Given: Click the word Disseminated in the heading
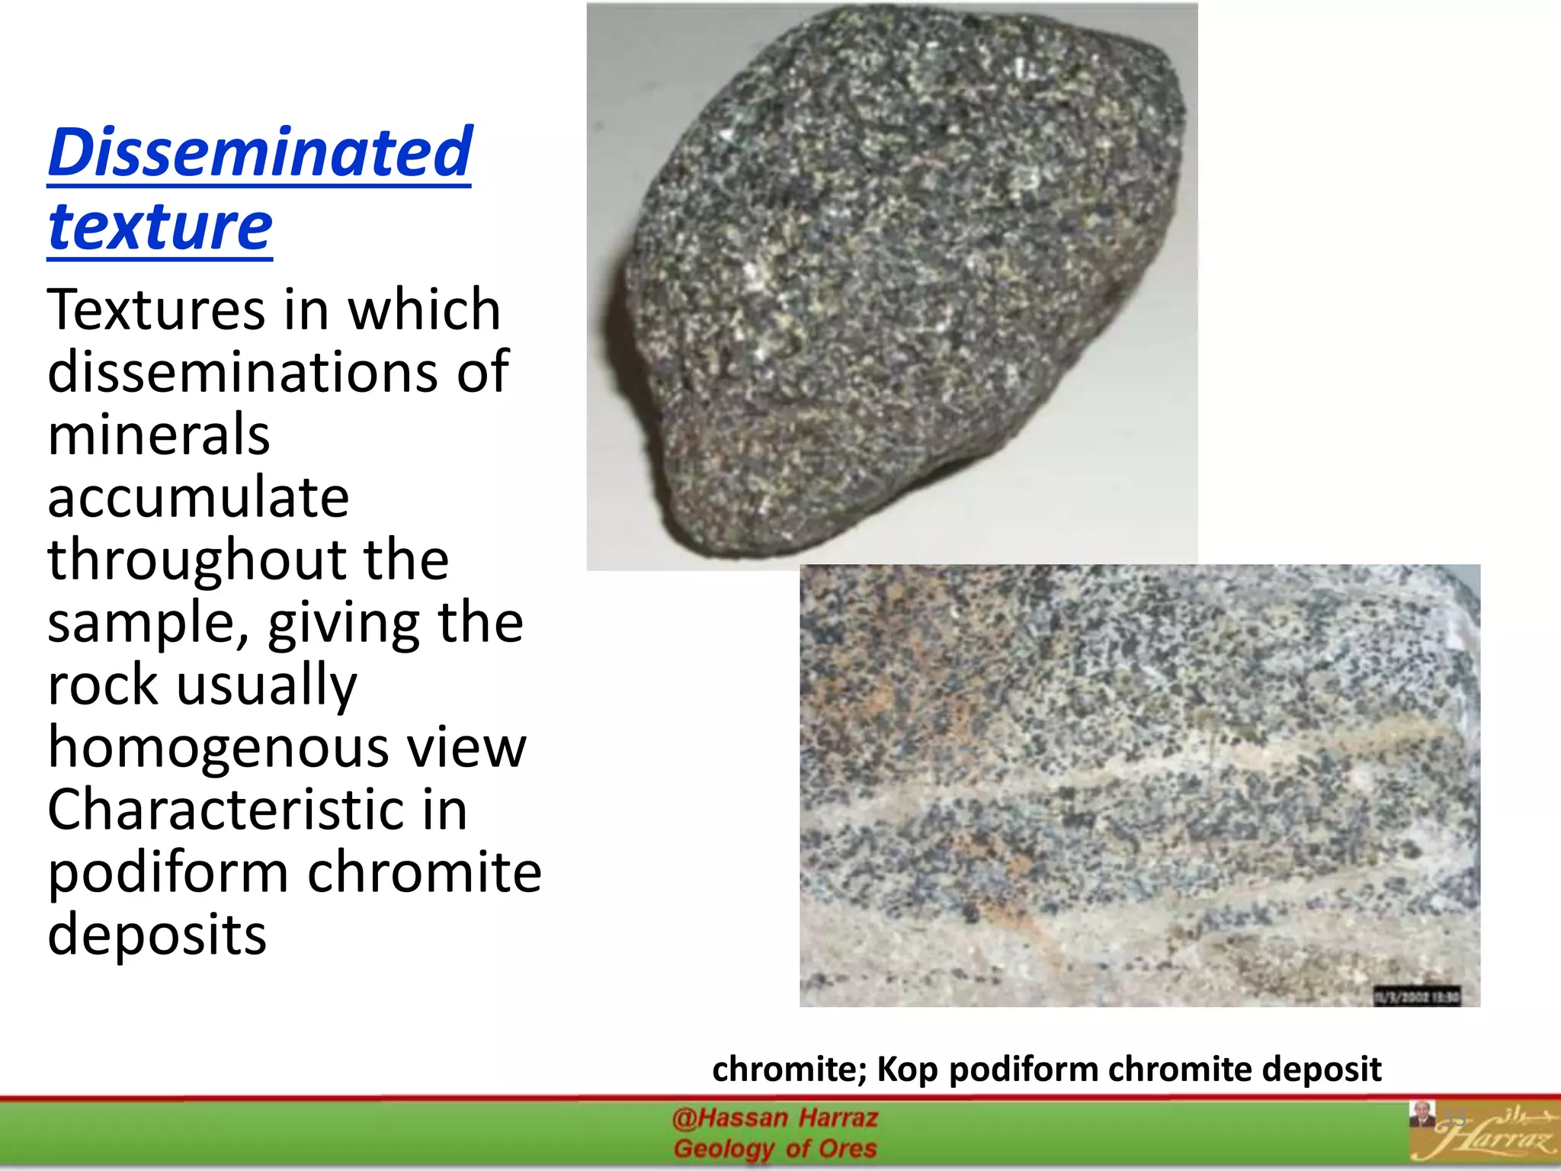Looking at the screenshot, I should coord(260,152).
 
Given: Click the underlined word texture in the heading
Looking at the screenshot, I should coord(159,226).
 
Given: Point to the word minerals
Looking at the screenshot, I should coord(159,435).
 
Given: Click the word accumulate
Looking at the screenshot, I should coord(198,498).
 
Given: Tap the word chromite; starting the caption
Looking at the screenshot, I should coord(789,1070).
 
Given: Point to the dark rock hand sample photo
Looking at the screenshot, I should coord(899,282).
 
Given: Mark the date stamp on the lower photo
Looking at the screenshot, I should coord(1417,996).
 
